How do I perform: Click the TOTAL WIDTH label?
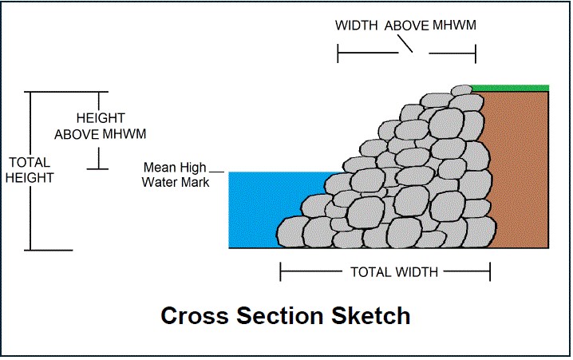(x=394, y=272)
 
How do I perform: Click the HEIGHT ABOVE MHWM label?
(x=100, y=126)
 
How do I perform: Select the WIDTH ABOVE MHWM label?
(x=405, y=26)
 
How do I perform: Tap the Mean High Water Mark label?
(x=176, y=175)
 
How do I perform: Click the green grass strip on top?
(x=511, y=88)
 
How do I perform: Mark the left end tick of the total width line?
(x=281, y=272)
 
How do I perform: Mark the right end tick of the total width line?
(x=490, y=272)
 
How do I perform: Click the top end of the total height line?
(x=30, y=93)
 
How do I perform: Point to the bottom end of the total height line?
(x=30, y=250)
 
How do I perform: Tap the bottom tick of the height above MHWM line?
(x=98, y=168)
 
